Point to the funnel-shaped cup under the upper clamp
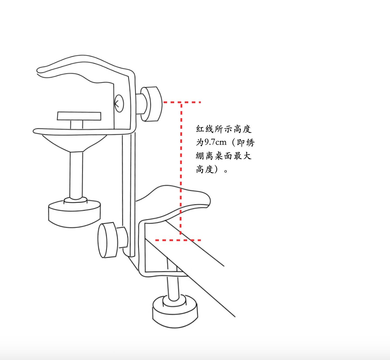pos(74,143)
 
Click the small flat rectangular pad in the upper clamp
pos(79,116)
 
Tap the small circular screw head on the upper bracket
pos(119,103)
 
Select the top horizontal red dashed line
pos(182,102)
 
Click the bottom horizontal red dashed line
pos(178,240)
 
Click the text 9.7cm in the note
pos(215,142)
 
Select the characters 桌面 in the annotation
pos(224,156)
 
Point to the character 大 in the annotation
pos(247,156)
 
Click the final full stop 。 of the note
pos(226,171)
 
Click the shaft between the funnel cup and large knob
pos(76,175)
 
